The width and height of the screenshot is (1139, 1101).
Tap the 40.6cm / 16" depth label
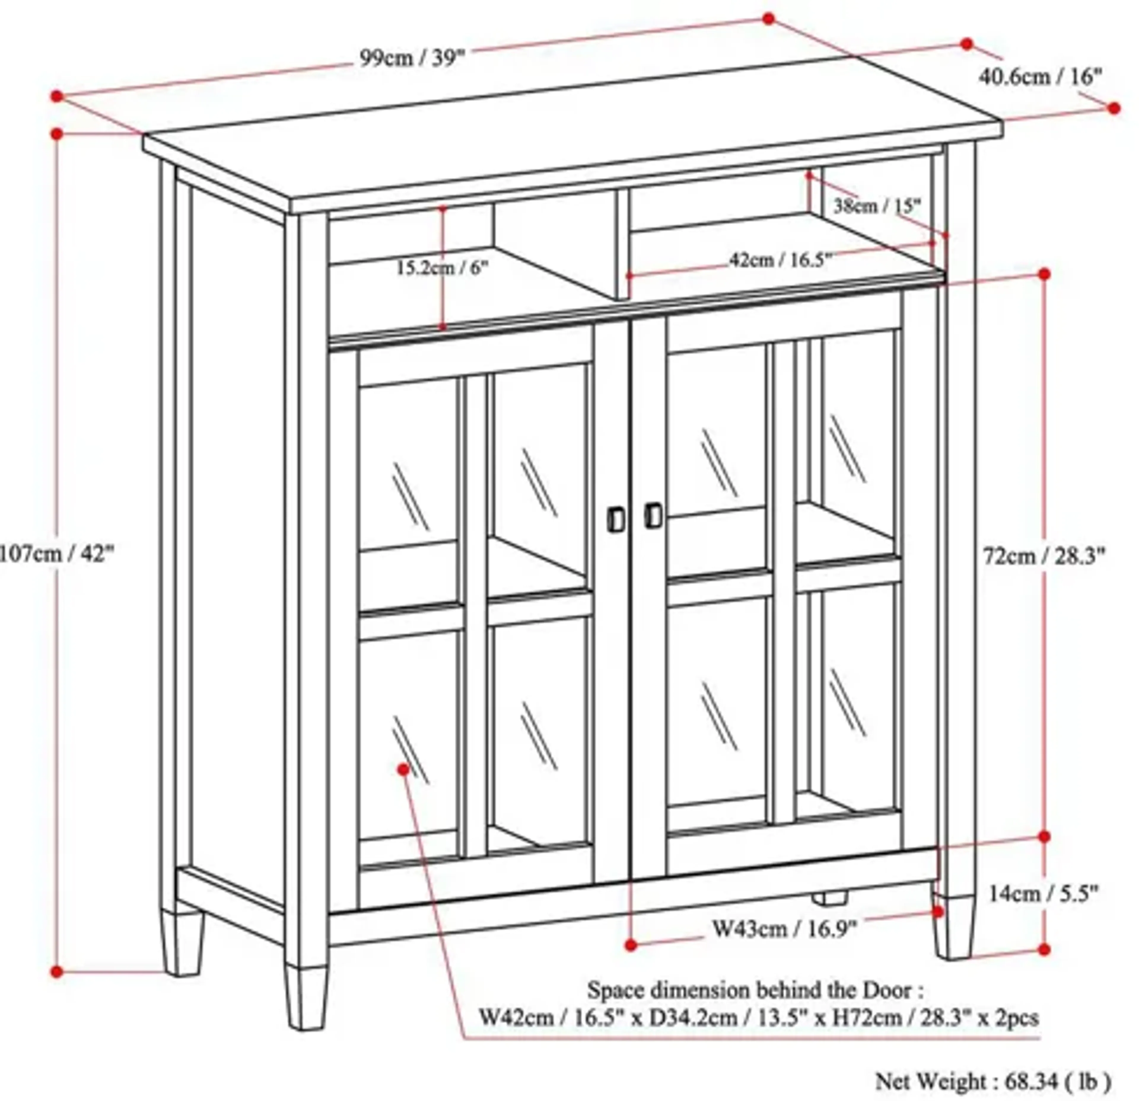[x=1040, y=77]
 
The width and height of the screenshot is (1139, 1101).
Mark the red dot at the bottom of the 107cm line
[x=56, y=971]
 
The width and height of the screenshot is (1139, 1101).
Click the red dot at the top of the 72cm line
[x=1044, y=273]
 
